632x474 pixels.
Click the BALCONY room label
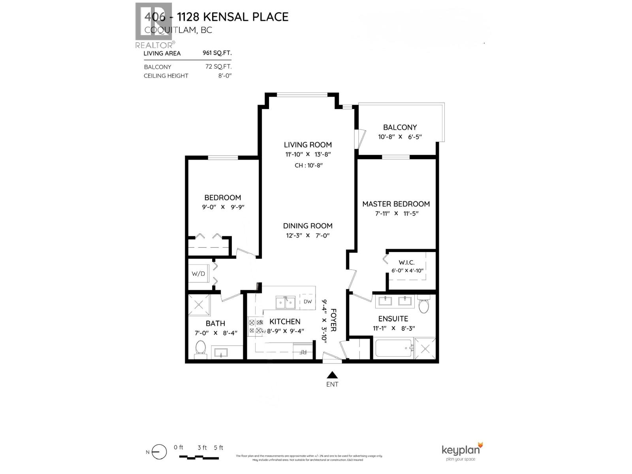pyautogui.click(x=400, y=127)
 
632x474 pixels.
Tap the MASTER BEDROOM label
pyautogui.click(x=396, y=204)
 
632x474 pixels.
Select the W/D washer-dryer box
pyautogui.click(x=198, y=273)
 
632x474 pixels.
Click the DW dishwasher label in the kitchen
pyautogui.click(x=308, y=302)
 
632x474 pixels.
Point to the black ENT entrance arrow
pyautogui.click(x=333, y=375)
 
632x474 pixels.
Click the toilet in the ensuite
pyautogui.click(x=423, y=305)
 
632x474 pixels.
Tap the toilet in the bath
pyautogui.click(x=201, y=348)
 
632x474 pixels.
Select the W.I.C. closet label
pyautogui.click(x=406, y=262)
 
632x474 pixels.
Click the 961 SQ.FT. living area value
pyautogui.click(x=217, y=53)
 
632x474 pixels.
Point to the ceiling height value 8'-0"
pyautogui.click(x=224, y=75)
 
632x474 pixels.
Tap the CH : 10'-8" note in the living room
pyautogui.click(x=308, y=166)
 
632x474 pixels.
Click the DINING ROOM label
pyautogui.click(x=307, y=226)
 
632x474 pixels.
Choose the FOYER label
pyautogui.click(x=333, y=320)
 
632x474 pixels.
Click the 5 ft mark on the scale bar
pyautogui.click(x=218, y=448)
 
